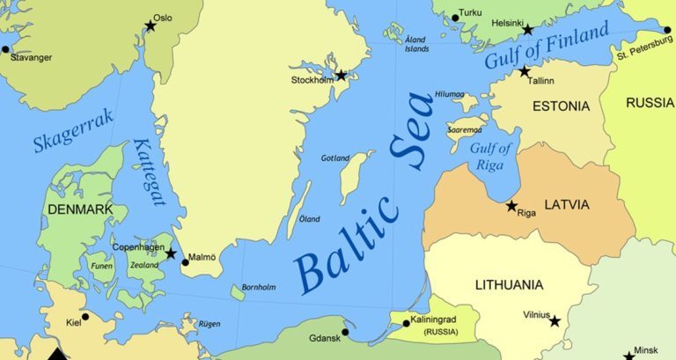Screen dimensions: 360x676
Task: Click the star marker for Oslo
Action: pos(151,26)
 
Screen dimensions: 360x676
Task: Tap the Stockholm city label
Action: pos(312,80)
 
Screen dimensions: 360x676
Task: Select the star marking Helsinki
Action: pos(528,30)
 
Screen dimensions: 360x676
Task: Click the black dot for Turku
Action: pos(455,18)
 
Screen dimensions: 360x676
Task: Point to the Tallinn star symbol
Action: pos(525,71)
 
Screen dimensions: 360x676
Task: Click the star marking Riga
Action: pos(511,206)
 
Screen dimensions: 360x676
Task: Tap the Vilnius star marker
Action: pos(555,321)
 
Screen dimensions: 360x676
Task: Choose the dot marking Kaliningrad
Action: pos(406,323)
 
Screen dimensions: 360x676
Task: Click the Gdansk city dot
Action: pos(345,332)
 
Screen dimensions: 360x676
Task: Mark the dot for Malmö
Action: pos(185,261)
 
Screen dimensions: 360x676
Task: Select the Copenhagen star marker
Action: pos(171,253)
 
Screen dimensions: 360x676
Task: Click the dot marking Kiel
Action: pos(85,317)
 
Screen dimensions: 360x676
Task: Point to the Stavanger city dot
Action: pos(5,48)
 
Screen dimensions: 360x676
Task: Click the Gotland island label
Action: pos(334,158)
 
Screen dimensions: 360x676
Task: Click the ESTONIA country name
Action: pos(561,107)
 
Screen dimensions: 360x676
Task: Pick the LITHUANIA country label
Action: pos(509,285)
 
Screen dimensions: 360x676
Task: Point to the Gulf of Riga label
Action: pos(490,155)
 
